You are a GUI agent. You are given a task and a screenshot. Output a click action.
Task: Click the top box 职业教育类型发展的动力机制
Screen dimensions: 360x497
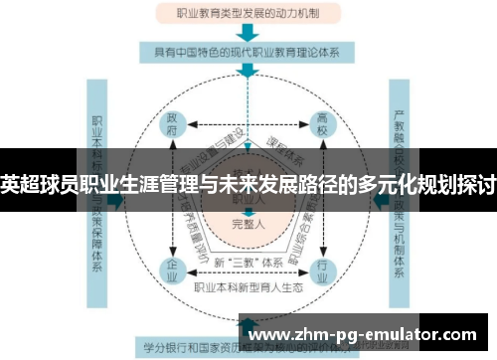[248, 15]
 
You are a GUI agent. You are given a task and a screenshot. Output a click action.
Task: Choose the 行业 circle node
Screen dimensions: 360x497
[322, 268]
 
